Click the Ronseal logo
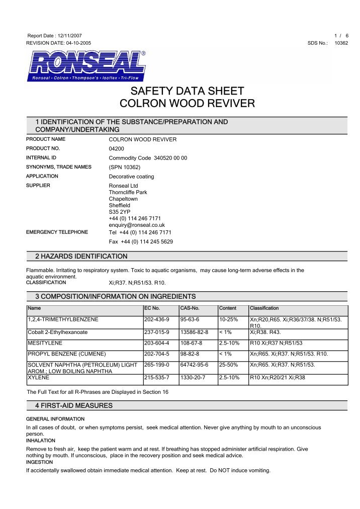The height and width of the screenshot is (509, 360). pyautogui.click(x=86, y=65)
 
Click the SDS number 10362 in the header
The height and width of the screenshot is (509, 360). pyautogui.click(x=341, y=43)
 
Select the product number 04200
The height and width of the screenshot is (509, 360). pyautogui.click(x=117, y=149)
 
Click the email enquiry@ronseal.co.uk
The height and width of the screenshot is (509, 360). pyautogui.click(x=137, y=225)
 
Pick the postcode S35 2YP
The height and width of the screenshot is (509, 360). pyautogui.click(x=119, y=212)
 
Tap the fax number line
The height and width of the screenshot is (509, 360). pyautogui.click(x=141, y=241)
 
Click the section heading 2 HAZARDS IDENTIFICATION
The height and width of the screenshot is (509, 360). pyautogui.click(x=81, y=257)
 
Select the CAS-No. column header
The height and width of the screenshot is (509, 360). pyautogui.click(x=190, y=308)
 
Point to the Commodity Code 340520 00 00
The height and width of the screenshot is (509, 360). pyautogui.click(x=148, y=158)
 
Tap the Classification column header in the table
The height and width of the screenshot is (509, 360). pyautogui.click(x=264, y=308)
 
